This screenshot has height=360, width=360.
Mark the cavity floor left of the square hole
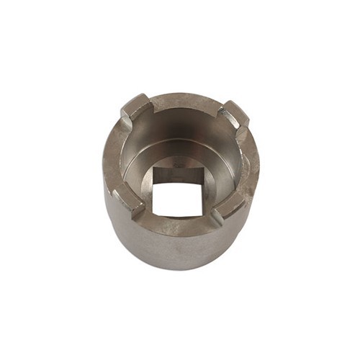pyautogui.click(x=140, y=184)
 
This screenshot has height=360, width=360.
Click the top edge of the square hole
pyautogui.click(x=181, y=168)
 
